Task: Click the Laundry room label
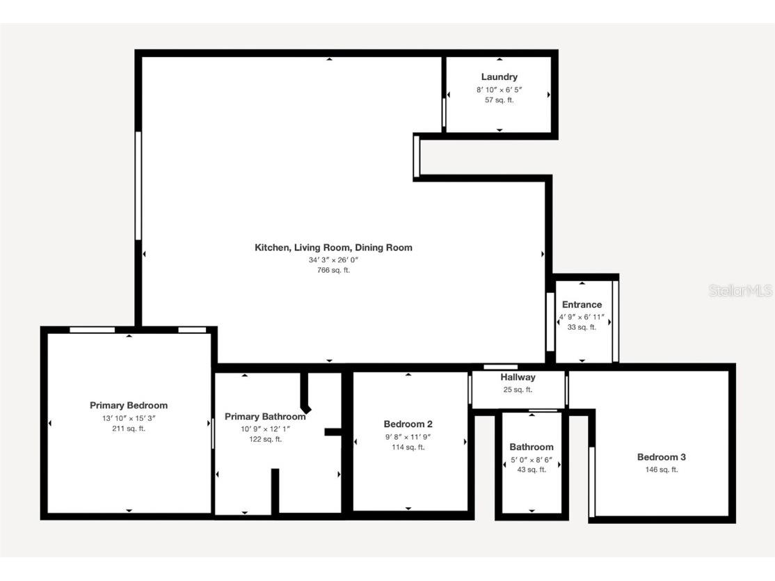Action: tap(499, 77)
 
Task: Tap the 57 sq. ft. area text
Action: tap(499, 100)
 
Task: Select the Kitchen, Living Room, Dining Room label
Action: tap(333, 248)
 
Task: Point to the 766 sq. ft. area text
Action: tap(333, 271)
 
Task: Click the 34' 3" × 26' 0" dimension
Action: tap(333, 260)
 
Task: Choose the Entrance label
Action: tap(582, 305)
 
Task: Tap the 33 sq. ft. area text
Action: tap(582, 327)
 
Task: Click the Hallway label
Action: tap(518, 377)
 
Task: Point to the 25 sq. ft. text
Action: tap(518, 390)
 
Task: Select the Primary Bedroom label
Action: tap(129, 406)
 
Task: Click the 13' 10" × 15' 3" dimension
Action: tap(129, 418)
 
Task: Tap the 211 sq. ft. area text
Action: tap(129, 429)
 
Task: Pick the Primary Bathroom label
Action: tap(265, 417)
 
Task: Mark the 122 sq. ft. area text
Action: tap(265, 439)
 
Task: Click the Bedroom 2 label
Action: tap(408, 424)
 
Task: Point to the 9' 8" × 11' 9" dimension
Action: tap(408, 437)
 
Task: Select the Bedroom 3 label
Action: tap(662, 457)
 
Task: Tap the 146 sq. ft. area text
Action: tap(662, 470)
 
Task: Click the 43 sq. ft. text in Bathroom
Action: tap(532, 470)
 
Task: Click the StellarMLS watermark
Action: tap(740, 291)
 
